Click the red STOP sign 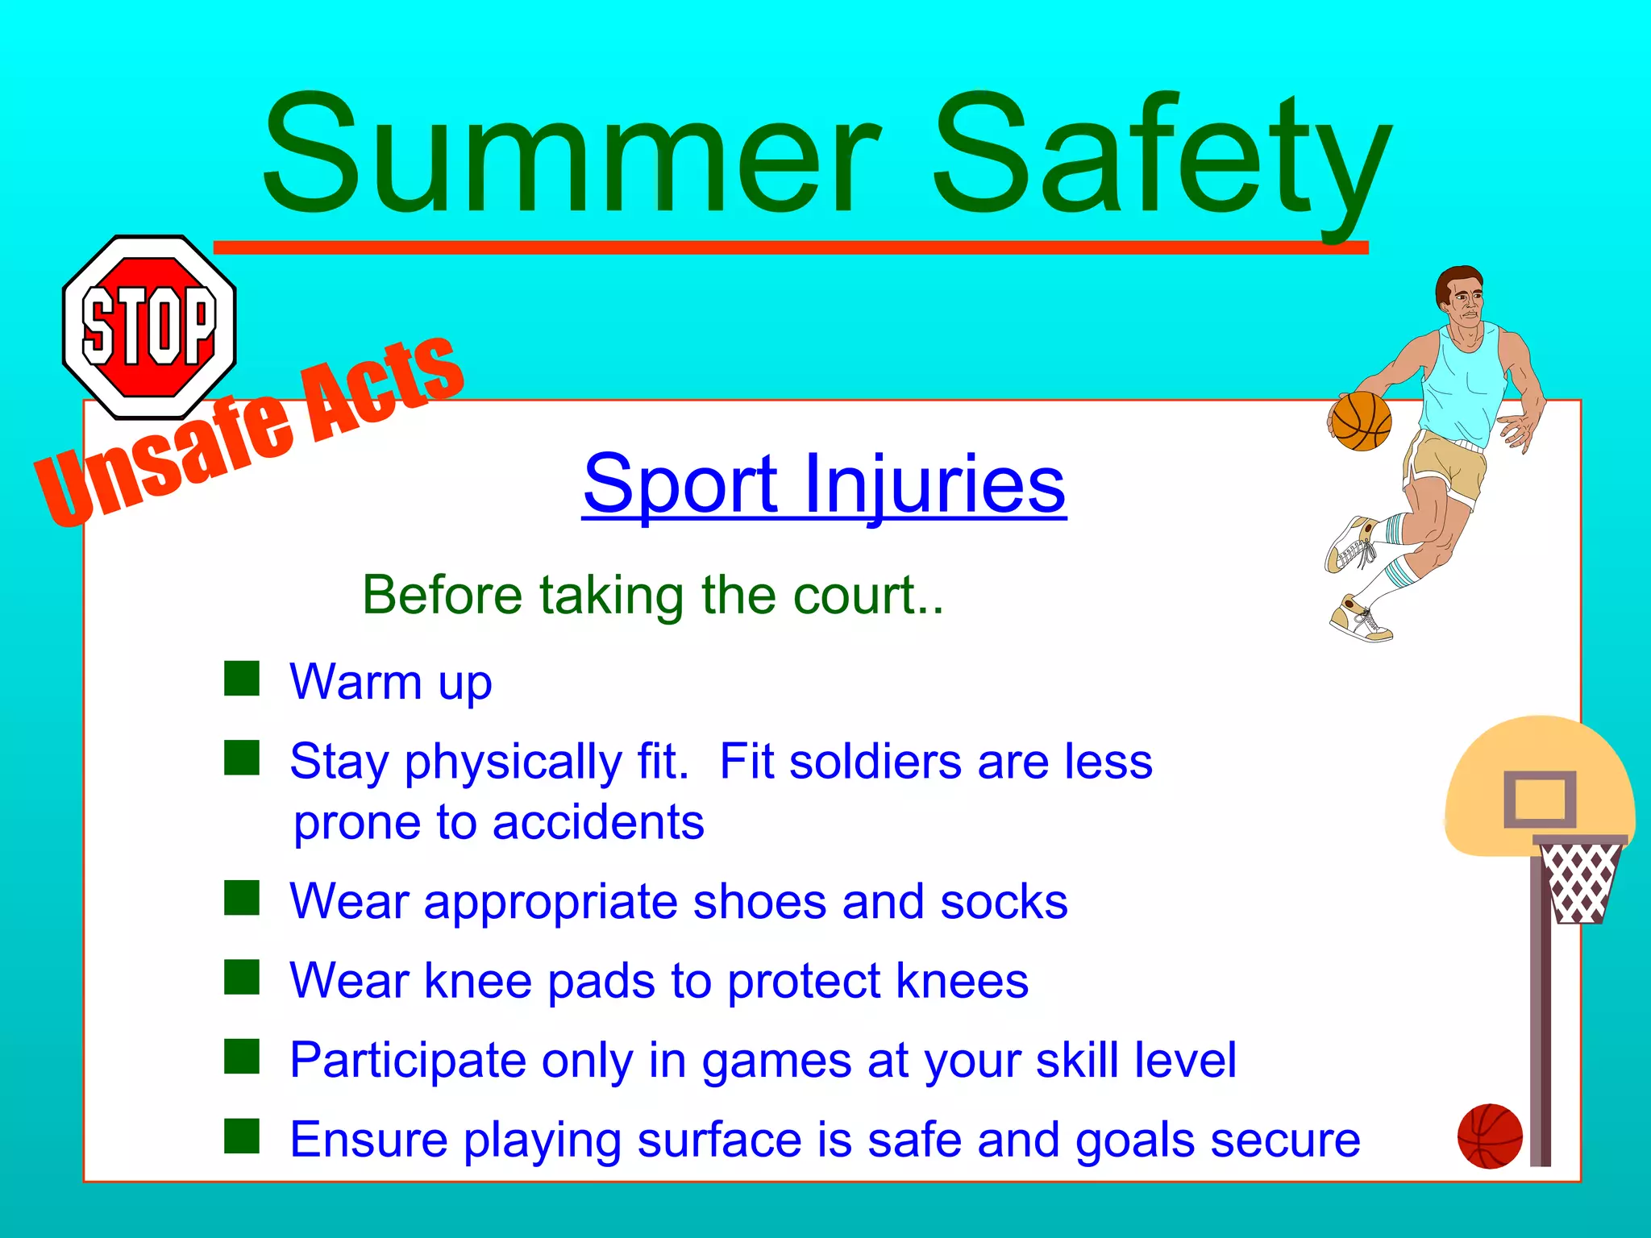pos(149,326)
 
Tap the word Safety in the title pos(1161,157)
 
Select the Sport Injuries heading pos(824,484)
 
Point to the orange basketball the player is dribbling pos(1361,421)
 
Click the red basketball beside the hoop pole pos(1490,1136)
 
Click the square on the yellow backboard pos(1540,800)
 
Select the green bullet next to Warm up pos(242,679)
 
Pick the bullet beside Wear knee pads pos(242,978)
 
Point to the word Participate pos(408,1060)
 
